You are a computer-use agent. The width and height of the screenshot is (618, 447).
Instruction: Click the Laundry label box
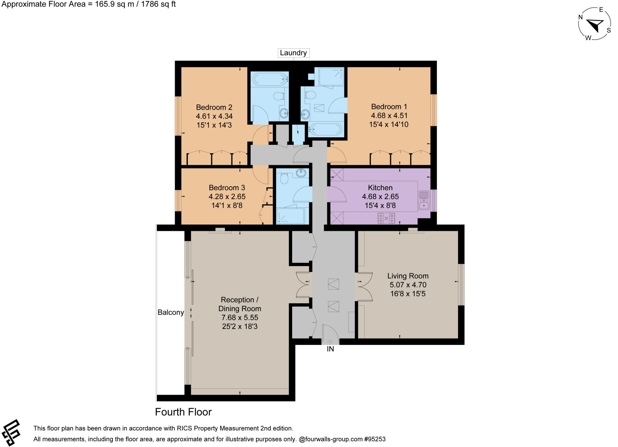pyautogui.click(x=293, y=53)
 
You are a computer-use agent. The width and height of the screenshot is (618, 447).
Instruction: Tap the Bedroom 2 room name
pyautogui.click(x=214, y=107)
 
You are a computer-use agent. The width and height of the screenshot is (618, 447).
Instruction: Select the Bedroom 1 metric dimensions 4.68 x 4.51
pyautogui.click(x=389, y=116)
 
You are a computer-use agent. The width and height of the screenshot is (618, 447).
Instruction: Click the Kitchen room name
pyautogui.click(x=380, y=187)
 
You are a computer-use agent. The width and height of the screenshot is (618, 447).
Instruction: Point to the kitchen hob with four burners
pyautogui.click(x=386, y=218)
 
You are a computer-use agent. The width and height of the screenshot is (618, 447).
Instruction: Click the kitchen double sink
pyautogui.click(x=424, y=200)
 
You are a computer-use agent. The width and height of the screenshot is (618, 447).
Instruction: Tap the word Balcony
pyautogui.click(x=171, y=312)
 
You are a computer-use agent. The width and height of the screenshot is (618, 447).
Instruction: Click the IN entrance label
pyautogui.click(x=330, y=349)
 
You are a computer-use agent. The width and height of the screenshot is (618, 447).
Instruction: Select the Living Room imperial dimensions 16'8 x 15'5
pyautogui.click(x=408, y=294)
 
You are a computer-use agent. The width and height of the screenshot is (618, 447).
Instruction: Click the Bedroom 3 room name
pyautogui.click(x=227, y=187)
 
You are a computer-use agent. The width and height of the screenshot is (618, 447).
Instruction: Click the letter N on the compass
pyautogui.click(x=580, y=17)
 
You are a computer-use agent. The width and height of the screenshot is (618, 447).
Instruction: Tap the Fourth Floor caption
pyautogui.click(x=183, y=412)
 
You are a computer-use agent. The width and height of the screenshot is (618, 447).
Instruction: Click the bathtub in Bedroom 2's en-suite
pyautogui.click(x=269, y=79)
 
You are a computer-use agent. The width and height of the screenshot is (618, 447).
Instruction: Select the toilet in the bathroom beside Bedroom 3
pyautogui.click(x=284, y=179)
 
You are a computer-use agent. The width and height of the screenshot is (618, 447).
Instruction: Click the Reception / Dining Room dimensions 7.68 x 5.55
pyautogui.click(x=240, y=318)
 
